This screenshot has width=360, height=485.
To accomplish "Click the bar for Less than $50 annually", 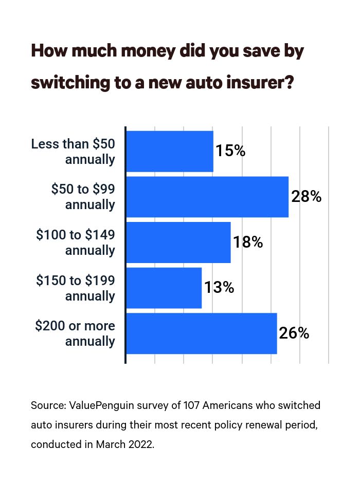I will click(169, 151).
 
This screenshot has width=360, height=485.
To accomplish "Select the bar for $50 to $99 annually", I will click(207, 197).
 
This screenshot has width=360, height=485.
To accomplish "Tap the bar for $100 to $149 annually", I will click(178, 242).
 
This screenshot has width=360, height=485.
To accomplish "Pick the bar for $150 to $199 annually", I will click(164, 288).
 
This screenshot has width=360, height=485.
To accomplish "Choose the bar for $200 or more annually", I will click(201, 333).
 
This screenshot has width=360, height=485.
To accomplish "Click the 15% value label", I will click(230, 151).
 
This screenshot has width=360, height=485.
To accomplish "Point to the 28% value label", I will click(306, 197).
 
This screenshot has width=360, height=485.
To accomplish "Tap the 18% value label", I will click(248, 242).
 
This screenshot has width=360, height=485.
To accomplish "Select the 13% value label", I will click(219, 288).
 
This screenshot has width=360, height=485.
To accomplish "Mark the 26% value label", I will click(294, 333).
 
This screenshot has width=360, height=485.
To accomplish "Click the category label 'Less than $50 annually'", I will click(73, 151).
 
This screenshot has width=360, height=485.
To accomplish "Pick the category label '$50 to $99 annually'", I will click(83, 197).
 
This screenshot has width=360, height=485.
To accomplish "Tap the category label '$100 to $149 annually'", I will click(76, 242).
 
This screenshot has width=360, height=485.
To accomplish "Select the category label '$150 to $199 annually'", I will click(76, 288).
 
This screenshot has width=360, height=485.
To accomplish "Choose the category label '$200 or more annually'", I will click(75, 333).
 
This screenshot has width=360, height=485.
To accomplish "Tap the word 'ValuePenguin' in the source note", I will click(98, 405).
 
